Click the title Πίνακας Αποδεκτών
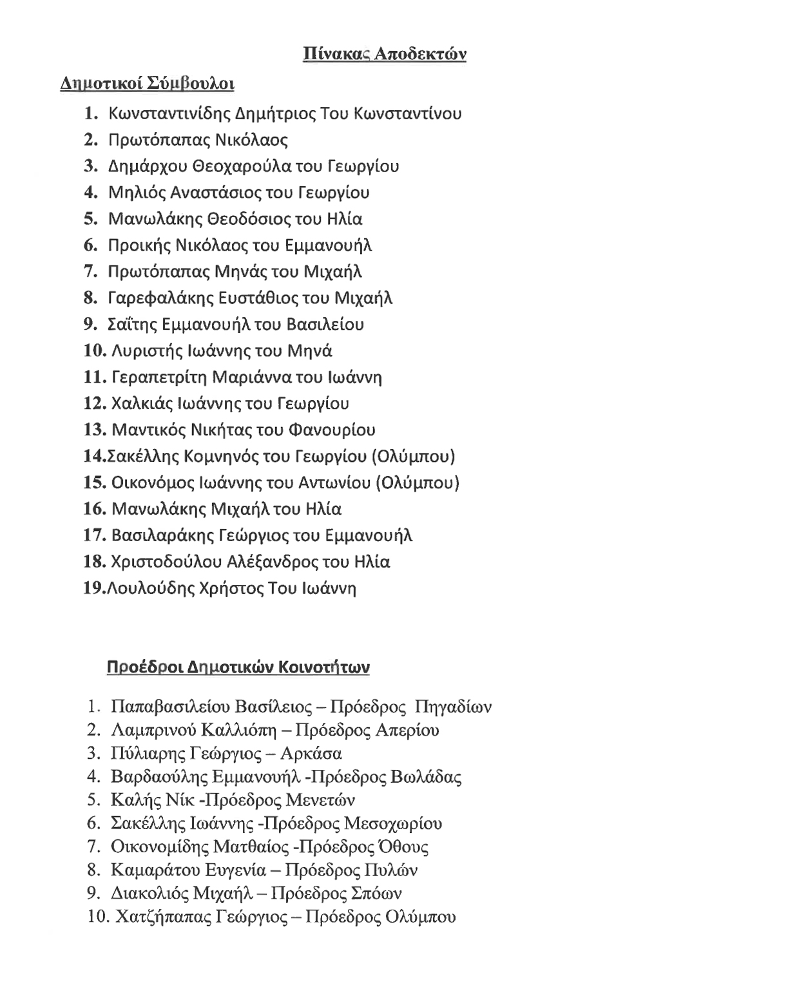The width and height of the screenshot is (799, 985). click(384, 54)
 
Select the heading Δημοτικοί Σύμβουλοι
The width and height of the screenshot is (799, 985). click(147, 84)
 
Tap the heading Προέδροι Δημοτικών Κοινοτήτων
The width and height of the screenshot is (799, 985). click(238, 666)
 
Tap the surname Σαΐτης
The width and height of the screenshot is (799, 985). click(129, 325)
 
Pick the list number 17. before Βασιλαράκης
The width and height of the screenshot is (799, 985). click(94, 535)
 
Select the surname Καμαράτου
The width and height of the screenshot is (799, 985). click(153, 870)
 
